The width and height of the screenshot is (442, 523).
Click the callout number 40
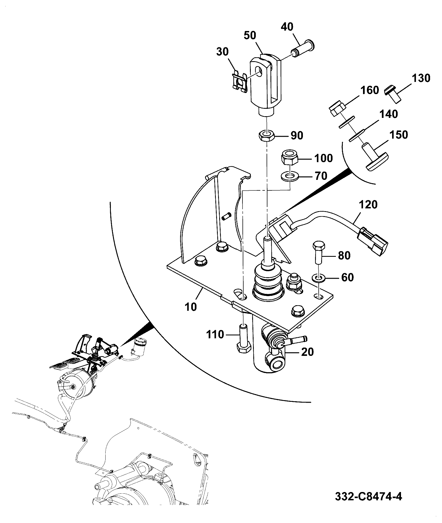pos(287,27)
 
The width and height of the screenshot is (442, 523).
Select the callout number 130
pos(420,78)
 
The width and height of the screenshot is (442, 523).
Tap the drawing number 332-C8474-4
pos(369,496)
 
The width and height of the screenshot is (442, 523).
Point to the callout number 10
pos(191,307)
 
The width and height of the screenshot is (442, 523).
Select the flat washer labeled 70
pos(290,176)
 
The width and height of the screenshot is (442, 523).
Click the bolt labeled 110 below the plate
pos(244,338)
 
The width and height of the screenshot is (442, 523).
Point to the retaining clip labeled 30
pos(240,81)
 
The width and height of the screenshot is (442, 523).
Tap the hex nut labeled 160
pos(337,109)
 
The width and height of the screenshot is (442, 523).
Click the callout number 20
pos(307,352)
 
